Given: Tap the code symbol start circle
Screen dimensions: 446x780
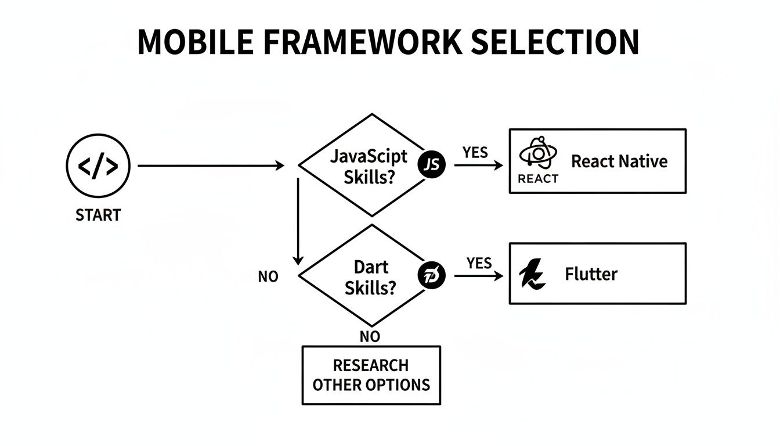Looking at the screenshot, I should click(x=98, y=167).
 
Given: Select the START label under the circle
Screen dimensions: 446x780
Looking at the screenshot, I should click(x=98, y=215).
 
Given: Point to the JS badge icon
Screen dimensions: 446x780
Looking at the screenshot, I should click(x=431, y=165).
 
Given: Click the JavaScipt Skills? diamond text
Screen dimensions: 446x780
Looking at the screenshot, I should click(x=369, y=166).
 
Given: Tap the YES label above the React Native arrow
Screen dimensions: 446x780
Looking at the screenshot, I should click(x=475, y=152).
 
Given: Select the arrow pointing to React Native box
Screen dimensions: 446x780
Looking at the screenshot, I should click(x=478, y=166).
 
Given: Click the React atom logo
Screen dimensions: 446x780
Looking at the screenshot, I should click(x=538, y=153).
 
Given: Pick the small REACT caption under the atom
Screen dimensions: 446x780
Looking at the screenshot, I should click(x=538, y=179).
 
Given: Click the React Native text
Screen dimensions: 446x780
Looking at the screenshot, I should click(x=619, y=161).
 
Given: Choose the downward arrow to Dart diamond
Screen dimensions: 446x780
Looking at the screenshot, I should click(x=298, y=221).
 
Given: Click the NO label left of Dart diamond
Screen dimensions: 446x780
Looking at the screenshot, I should click(x=268, y=277).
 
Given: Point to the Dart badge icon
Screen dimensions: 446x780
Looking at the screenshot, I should click(x=431, y=275).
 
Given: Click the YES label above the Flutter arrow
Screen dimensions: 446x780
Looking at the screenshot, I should click(x=479, y=263).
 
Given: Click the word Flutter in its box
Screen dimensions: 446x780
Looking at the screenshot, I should click(x=591, y=274).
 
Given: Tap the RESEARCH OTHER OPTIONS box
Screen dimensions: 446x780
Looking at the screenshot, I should click(x=371, y=375).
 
